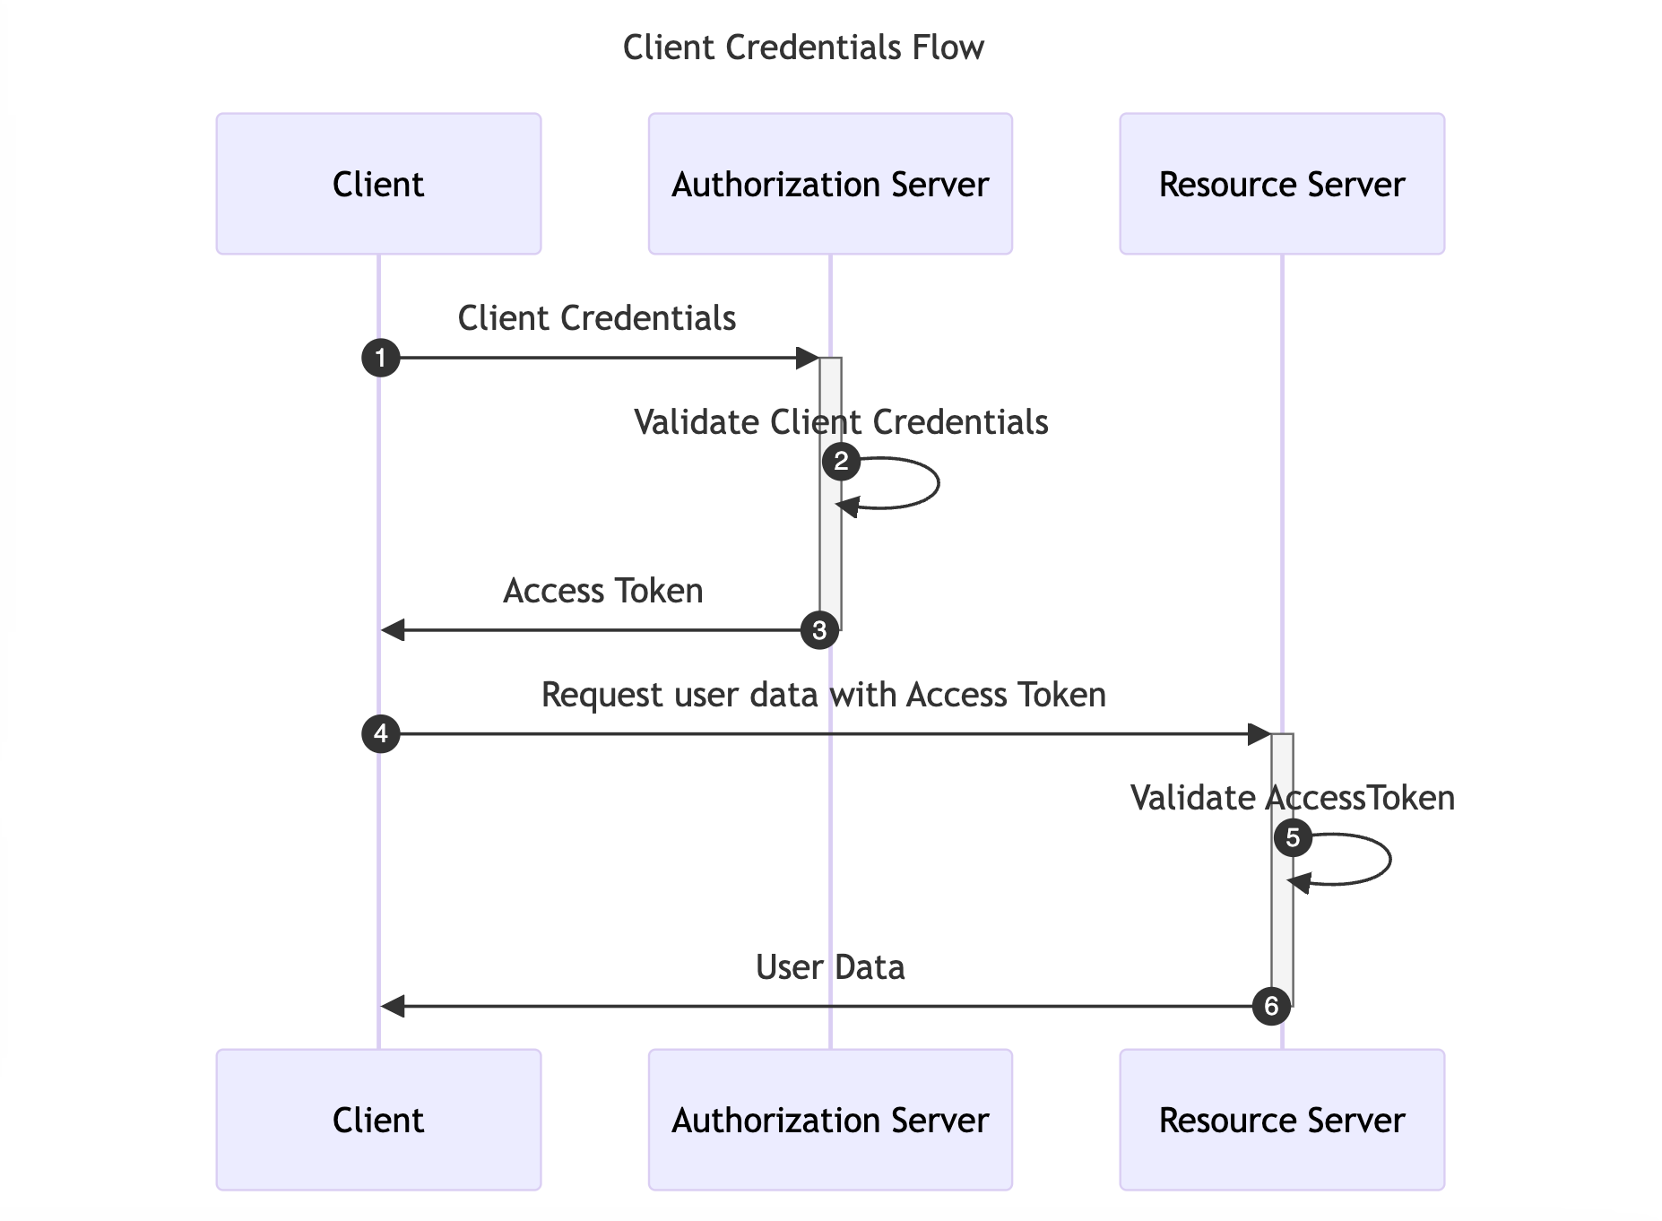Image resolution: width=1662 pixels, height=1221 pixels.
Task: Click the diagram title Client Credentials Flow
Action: [803, 48]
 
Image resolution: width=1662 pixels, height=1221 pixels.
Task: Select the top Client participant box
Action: [378, 184]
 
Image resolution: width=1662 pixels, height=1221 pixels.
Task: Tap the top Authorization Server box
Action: [830, 184]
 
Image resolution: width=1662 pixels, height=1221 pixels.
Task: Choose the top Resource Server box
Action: [1282, 184]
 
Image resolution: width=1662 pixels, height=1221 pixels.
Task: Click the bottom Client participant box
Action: [378, 1120]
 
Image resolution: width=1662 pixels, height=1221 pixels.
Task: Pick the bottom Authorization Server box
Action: [830, 1120]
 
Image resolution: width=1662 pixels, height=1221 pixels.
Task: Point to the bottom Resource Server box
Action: [1282, 1120]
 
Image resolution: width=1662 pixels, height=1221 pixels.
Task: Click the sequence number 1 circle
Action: [380, 358]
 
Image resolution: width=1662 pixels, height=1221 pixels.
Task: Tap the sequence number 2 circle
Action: [841, 462]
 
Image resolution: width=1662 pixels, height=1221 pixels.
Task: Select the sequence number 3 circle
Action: [819, 630]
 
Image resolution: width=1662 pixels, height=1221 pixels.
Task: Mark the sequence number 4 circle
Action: [380, 734]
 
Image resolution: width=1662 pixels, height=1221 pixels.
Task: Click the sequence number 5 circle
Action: [1293, 838]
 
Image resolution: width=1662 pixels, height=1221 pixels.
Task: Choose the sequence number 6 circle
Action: [1271, 1007]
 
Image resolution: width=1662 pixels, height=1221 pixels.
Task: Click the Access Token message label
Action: [602, 591]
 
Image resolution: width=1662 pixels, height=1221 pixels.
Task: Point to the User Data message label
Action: [830, 967]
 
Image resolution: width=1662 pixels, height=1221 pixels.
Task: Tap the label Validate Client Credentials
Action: [841, 422]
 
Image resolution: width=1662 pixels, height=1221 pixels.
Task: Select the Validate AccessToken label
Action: [1293, 798]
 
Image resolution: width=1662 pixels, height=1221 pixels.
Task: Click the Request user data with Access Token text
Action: [823, 695]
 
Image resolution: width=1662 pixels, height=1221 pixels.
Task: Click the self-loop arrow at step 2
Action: [937, 484]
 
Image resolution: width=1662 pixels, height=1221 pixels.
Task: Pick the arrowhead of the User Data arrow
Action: [393, 1007]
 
